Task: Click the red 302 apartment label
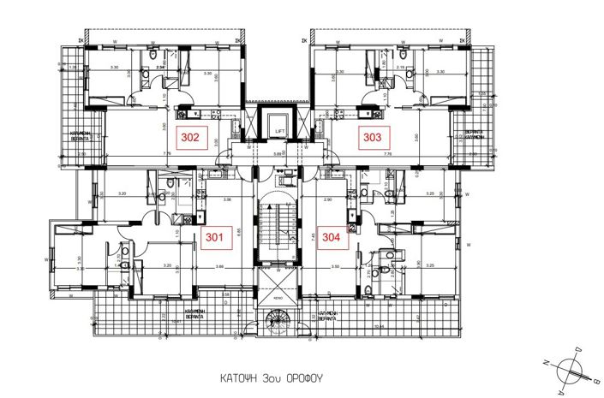188,135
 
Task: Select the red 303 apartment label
374,135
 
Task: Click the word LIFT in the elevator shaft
280,130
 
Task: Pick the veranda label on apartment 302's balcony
81,135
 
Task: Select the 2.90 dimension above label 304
330,199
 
